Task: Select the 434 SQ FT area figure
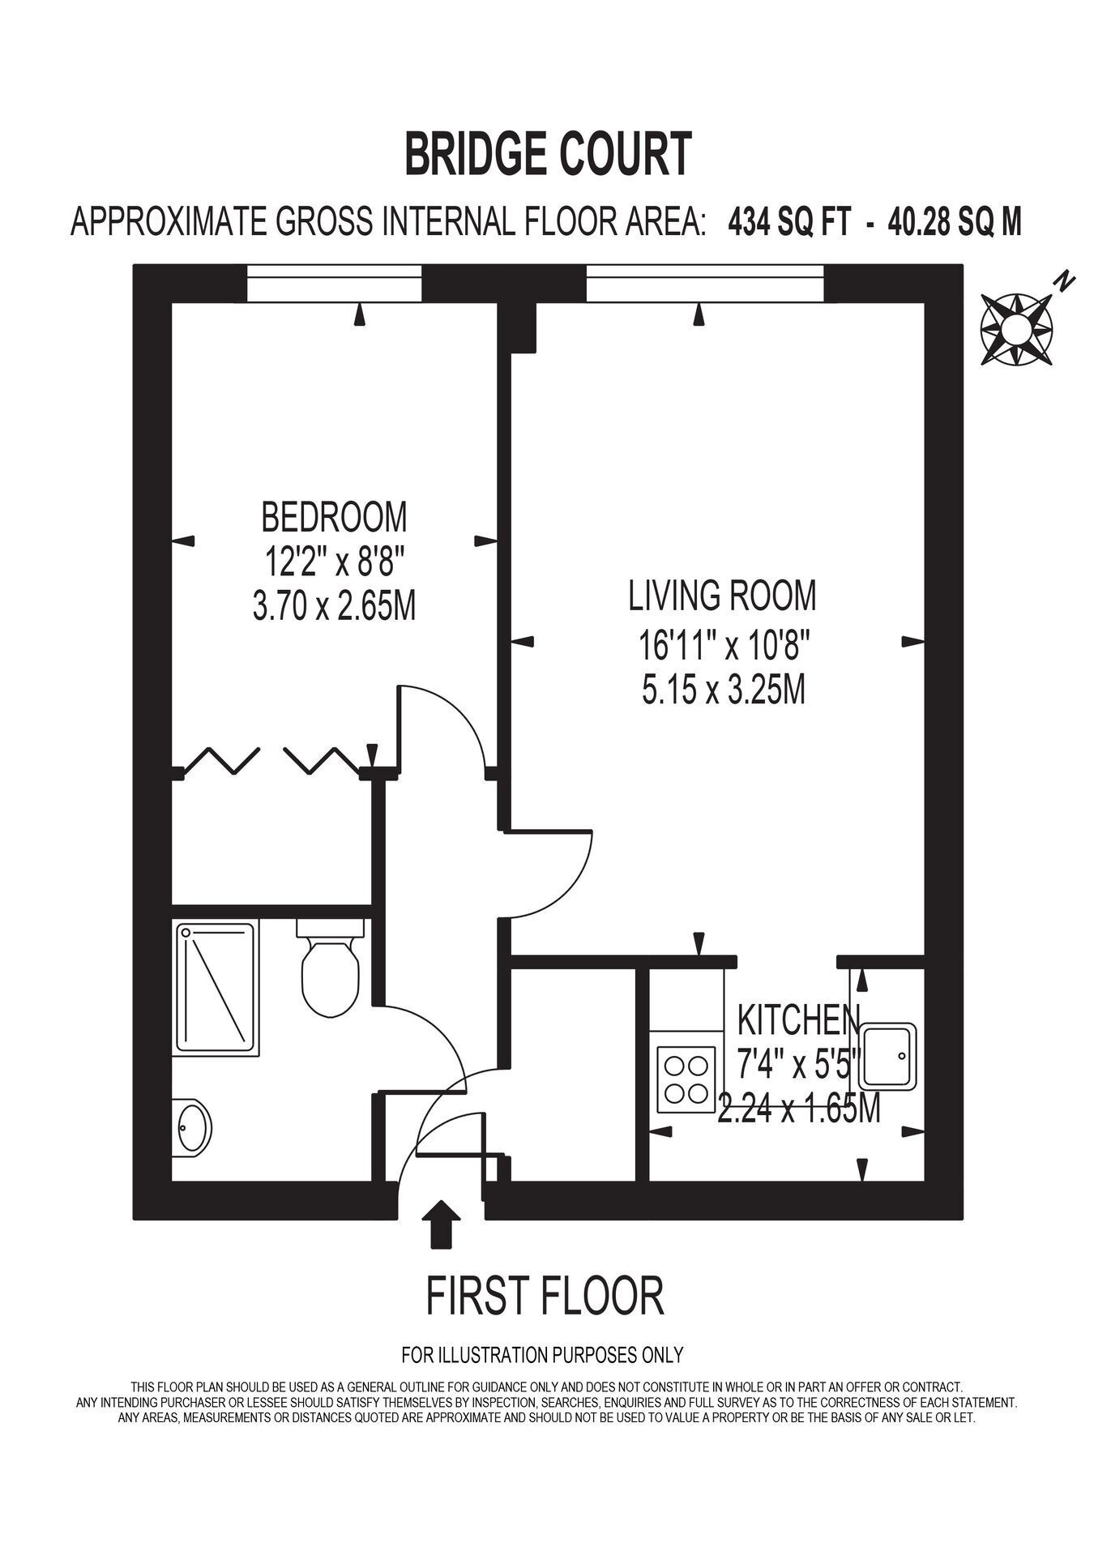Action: tap(789, 221)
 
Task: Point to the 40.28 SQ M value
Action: tap(955, 221)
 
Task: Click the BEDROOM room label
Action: tap(334, 515)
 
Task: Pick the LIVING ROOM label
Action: tap(723, 596)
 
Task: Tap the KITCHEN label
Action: tap(798, 1020)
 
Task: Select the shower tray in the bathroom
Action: tap(217, 989)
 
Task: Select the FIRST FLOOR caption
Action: tap(545, 1296)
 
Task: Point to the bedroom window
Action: tap(335, 284)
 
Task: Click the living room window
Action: tap(705, 284)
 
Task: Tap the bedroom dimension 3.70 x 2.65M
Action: tap(334, 606)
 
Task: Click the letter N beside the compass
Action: tap(1064, 282)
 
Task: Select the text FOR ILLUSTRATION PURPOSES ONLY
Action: tap(543, 1354)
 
